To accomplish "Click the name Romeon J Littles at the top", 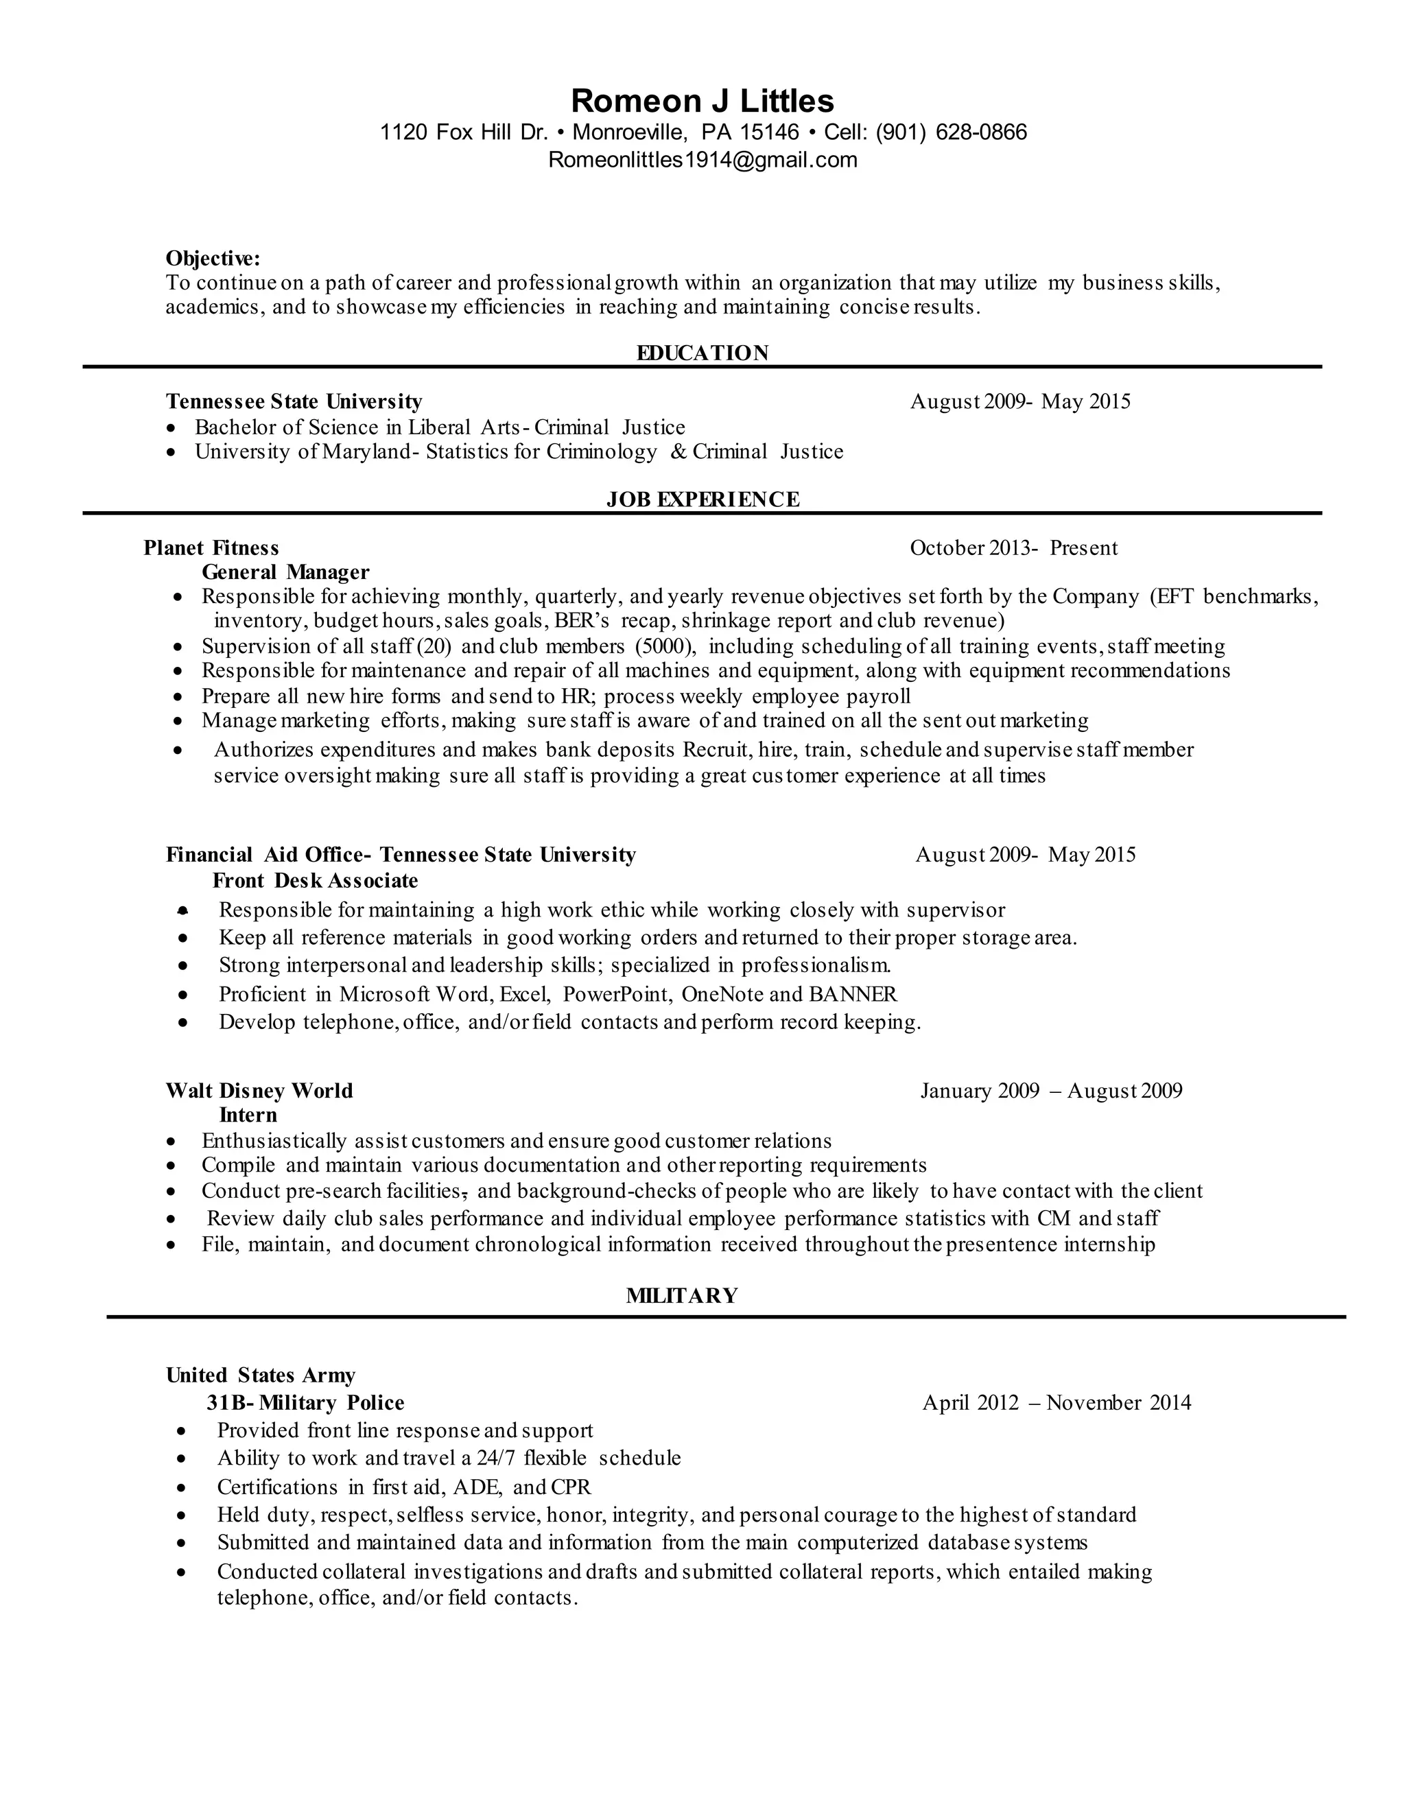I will click(x=702, y=101).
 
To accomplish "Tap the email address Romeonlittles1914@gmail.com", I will click(x=702, y=159).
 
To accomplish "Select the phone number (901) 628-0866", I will click(x=952, y=132).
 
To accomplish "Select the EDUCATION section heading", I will click(x=702, y=353).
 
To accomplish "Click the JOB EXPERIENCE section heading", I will click(x=702, y=499).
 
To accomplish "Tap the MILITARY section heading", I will click(x=682, y=1295).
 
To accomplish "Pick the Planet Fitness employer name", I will click(x=211, y=547).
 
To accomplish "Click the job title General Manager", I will click(x=285, y=572).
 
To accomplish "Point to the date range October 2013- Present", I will click(x=1013, y=547).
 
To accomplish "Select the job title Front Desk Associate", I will click(x=315, y=880).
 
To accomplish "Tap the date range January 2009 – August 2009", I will click(x=1050, y=1091).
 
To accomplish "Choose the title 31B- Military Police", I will click(x=305, y=1403).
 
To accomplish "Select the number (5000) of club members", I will click(x=665, y=646).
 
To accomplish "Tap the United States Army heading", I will click(x=261, y=1375).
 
